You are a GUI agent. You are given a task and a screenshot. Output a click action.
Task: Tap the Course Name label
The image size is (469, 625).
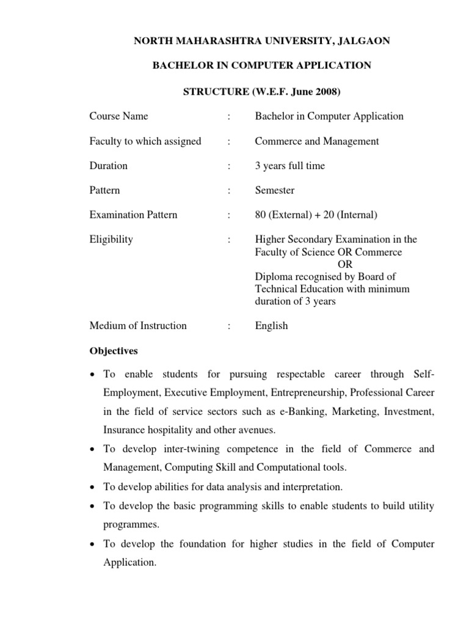coord(118,116)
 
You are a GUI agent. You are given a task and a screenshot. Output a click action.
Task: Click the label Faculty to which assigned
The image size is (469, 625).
coord(145,141)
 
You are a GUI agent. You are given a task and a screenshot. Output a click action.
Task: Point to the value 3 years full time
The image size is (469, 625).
coord(290,165)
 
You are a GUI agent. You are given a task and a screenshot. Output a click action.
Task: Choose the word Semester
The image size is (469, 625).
coord(275,190)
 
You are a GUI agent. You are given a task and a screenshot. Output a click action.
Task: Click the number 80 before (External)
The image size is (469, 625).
coord(261,215)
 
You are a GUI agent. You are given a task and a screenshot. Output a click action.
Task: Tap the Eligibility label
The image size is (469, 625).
coord(111,239)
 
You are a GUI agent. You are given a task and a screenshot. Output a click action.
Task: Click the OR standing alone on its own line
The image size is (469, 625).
coord(345,264)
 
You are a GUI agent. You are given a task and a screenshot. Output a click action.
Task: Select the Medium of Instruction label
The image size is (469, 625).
coord(138,325)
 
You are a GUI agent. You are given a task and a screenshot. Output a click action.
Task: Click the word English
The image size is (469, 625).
coord(271,325)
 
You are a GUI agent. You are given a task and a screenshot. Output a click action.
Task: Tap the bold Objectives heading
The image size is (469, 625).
coord(114,351)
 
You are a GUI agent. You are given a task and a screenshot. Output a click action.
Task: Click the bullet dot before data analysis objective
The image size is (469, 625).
coord(92,488)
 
